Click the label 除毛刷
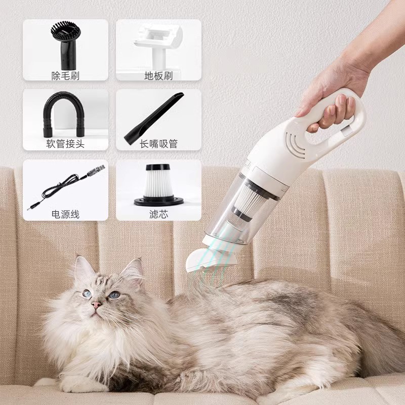point(65,76)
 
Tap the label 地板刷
point(158,76)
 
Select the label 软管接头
point(65,144)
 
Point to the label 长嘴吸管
point(158,144)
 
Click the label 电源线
point(65,214)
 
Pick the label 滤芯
point(158,214)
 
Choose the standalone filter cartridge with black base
point(158,185)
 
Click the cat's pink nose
point(96,305)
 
